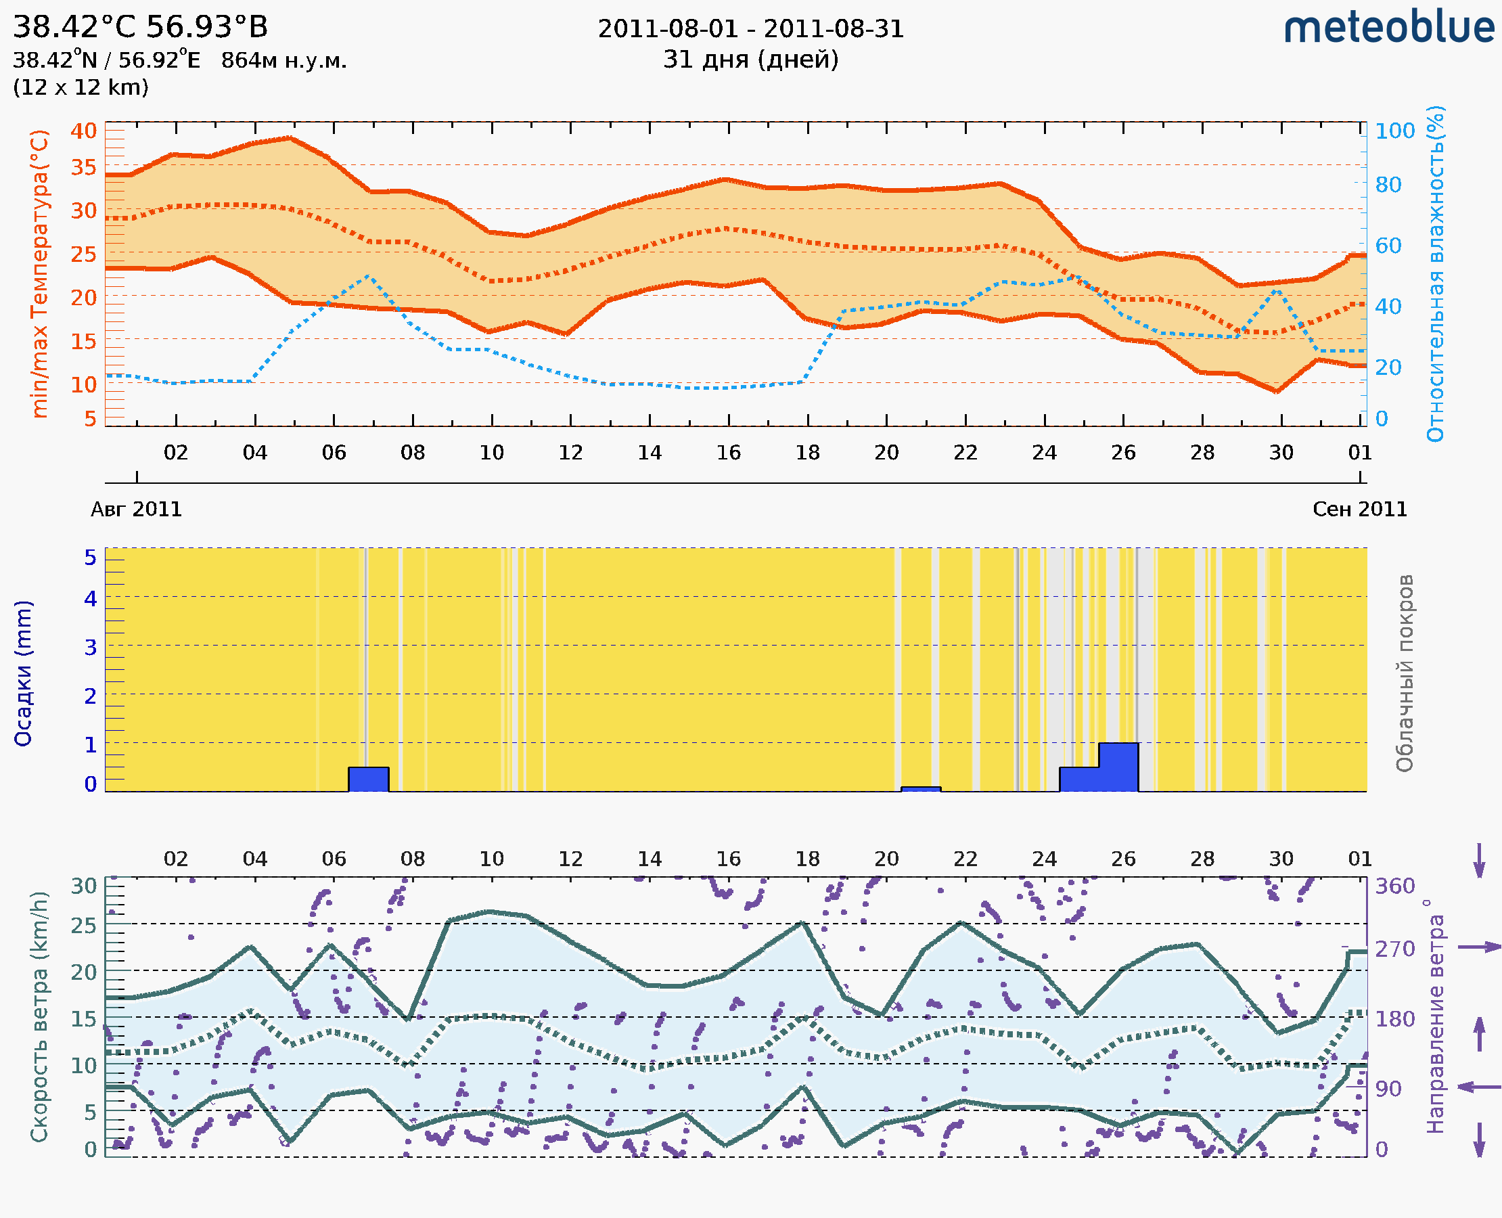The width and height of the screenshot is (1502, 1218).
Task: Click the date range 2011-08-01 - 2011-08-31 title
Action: click(750, 30)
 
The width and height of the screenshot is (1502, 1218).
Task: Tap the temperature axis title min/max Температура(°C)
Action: click(40, 273)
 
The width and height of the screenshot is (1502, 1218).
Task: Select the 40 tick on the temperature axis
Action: click(83, 131)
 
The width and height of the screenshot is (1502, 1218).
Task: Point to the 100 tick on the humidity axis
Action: click(1394, 131)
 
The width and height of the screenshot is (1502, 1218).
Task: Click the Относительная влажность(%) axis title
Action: click(1435, 273)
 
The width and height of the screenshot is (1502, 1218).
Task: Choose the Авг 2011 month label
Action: click(136, 510)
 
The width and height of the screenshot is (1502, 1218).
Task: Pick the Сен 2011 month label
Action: click(1360, 510)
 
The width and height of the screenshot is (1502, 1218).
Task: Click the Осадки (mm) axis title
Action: click(23, 673)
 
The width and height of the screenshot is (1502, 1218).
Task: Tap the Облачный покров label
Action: click(1405, 673)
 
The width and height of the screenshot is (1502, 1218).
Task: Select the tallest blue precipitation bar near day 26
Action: click(1118, 767)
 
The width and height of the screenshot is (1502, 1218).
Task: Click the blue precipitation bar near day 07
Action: click(368, 780)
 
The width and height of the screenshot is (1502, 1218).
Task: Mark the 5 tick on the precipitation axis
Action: click(91, 558)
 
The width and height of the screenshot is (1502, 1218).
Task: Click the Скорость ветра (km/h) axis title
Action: click(40, 1016)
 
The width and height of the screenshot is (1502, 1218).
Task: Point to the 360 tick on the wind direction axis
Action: click(1394, 886)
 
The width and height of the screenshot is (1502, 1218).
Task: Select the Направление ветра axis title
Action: click(1435, 1016)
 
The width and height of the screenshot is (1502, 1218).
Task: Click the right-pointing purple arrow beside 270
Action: click(1479, 947)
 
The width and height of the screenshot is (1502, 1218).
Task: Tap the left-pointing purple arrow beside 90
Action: click(1479, 1087)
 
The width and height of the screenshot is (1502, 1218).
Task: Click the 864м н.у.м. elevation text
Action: click(284, 61)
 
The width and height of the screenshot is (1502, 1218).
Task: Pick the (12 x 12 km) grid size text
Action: click(81, 88)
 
